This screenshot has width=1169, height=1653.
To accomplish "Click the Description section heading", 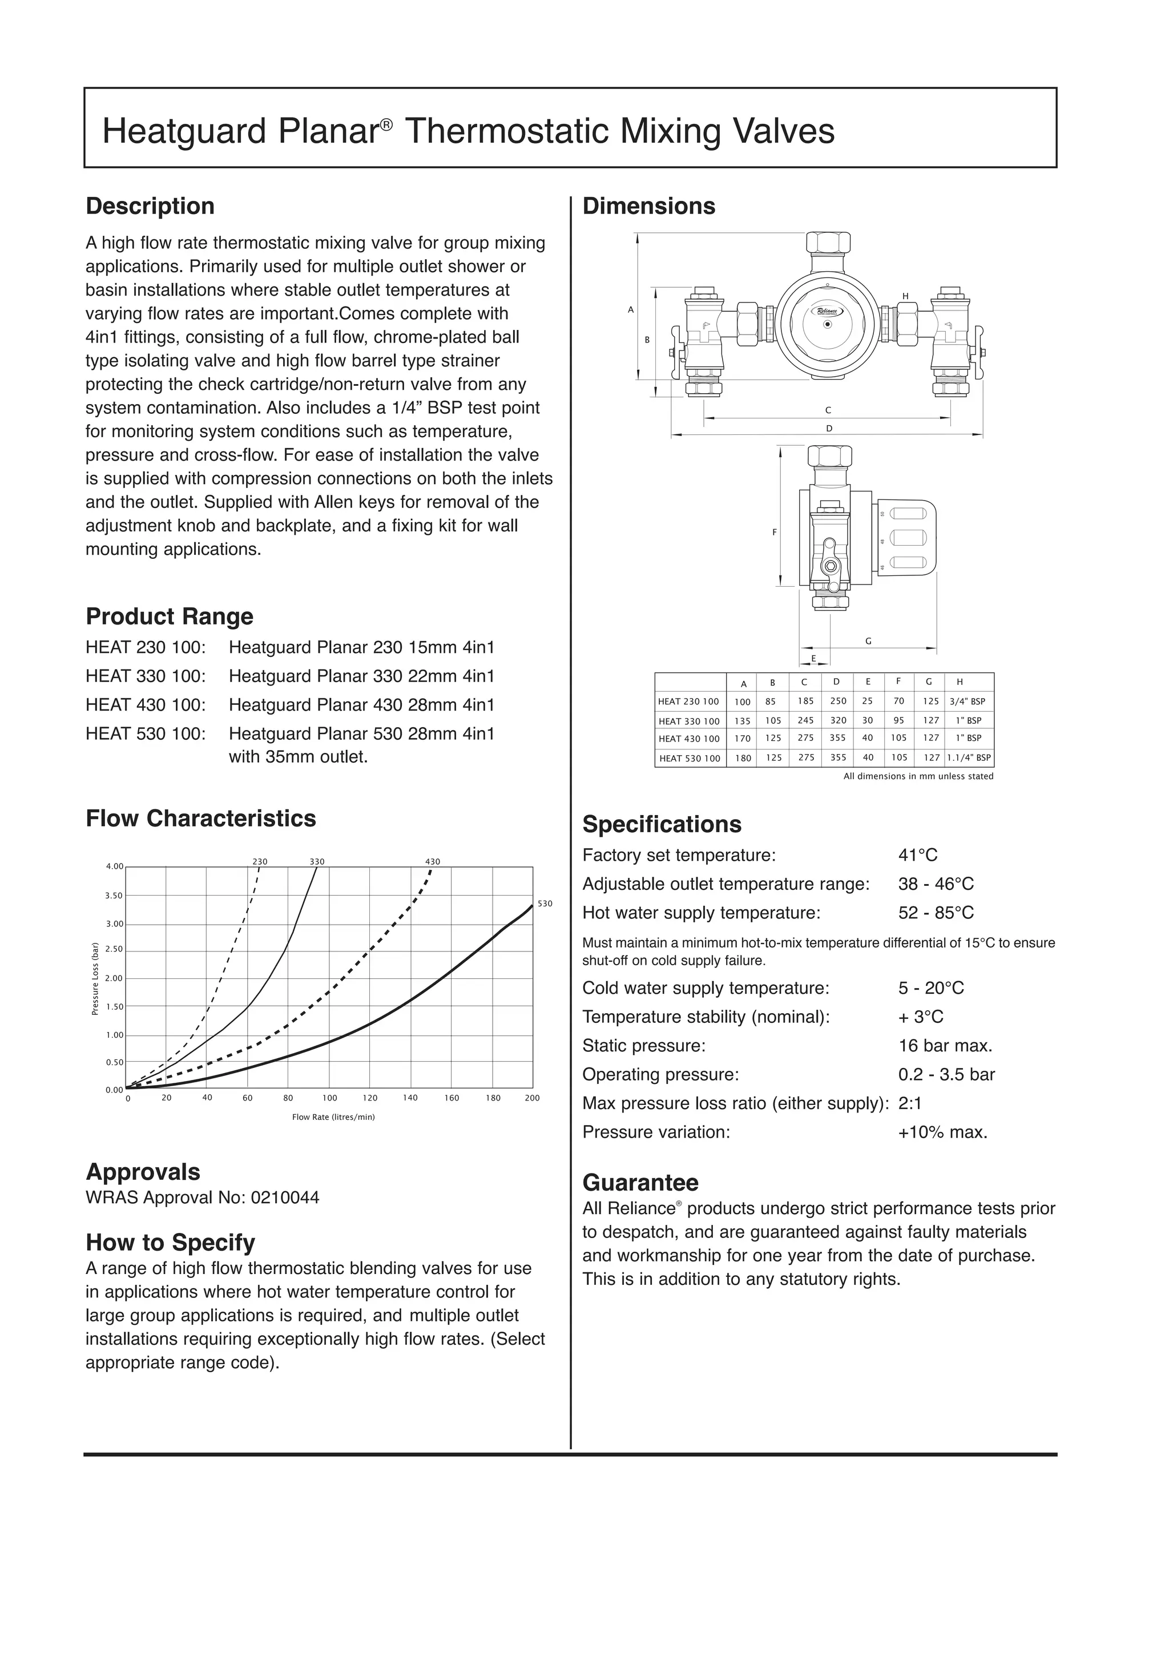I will [x=150, y=206].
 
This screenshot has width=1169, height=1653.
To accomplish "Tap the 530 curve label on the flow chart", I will [x=545, y=904].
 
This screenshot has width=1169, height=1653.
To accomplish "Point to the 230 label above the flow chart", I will [x=259, y=861].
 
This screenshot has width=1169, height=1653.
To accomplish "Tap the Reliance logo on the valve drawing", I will [x=827, y=311].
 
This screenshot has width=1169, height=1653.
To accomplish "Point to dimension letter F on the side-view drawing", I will [x=775, y=532].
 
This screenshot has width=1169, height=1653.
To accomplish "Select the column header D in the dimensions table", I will [x=836, y=682].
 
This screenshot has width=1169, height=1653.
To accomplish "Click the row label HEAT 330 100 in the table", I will [x=689, y=721].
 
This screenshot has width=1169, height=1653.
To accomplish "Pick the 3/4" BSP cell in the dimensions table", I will [x=968, y=701].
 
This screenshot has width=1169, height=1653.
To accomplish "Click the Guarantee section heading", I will [x=640, y=1182].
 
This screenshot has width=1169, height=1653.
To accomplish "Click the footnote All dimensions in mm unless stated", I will [x=918, y=776].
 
